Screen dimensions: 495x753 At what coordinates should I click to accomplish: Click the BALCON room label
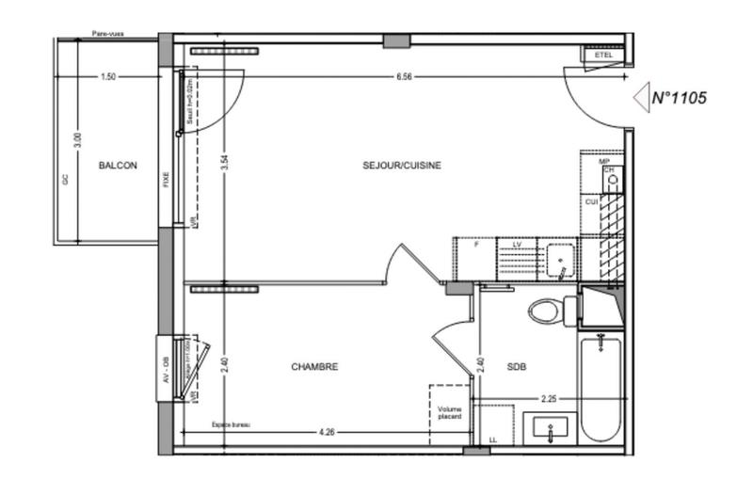click(118, 166)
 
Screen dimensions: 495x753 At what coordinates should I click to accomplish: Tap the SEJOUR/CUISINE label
click(402, 166)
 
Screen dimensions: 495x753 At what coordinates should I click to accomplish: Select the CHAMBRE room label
click(313, 367)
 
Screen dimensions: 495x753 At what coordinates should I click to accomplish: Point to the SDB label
click(517, 367)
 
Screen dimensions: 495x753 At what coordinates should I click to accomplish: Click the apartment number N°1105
click(680, 96)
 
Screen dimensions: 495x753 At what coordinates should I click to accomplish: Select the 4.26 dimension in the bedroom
click(327, 433)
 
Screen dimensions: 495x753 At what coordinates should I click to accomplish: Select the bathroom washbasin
click(549, 429)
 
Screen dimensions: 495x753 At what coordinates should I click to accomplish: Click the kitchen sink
click(558, 256)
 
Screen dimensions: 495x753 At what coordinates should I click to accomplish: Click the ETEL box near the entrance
click(603, 56)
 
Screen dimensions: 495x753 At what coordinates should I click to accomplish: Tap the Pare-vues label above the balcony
click(110, 34)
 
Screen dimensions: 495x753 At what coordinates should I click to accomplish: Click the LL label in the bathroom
click(493, 439)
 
